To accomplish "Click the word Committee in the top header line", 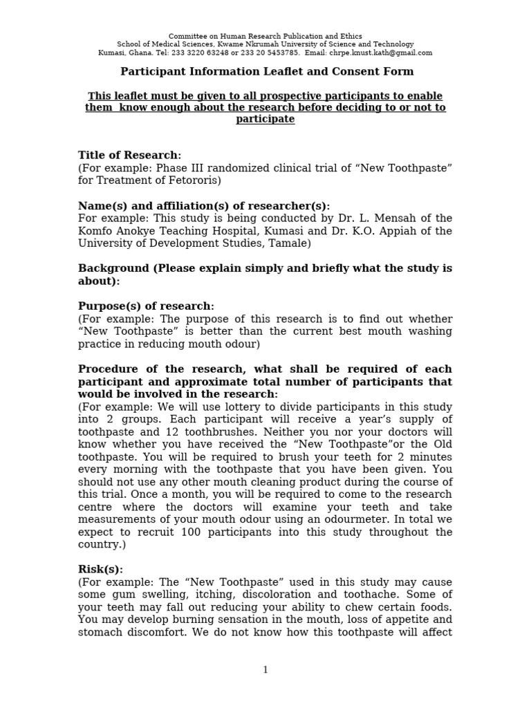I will (187, 36).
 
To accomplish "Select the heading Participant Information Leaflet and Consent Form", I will (267, 71).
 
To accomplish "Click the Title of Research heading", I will (129, 156).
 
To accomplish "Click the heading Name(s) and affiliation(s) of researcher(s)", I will (204, 206).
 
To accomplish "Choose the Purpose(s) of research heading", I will (146, 306).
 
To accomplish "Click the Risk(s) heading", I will (100, 570).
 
